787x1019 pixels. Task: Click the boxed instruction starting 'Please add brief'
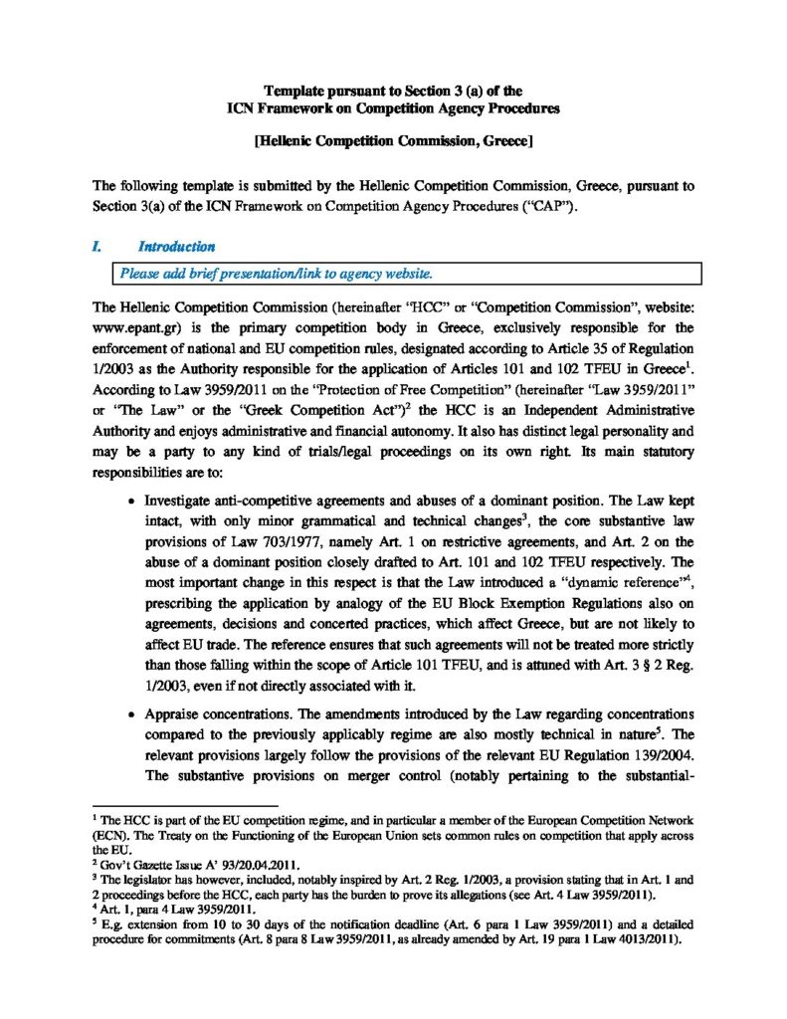(276, 274)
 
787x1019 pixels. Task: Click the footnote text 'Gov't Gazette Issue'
(147, 867)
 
